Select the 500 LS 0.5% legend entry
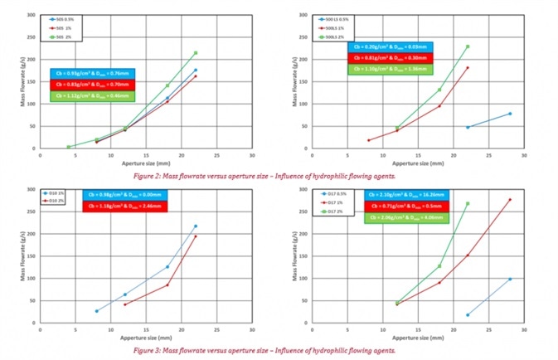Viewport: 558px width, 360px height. pos(339,17)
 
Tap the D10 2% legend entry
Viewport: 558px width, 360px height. pos(60,200)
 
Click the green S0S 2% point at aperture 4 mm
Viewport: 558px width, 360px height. pos(68,147)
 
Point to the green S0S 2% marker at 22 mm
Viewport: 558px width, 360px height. pos(196,53)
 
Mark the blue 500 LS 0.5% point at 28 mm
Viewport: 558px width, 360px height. pos(510,114)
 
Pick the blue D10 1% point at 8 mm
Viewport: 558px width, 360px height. pos(96,311)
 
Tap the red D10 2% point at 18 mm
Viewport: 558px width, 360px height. pos(167,285)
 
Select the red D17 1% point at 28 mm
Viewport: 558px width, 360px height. pos(510,199)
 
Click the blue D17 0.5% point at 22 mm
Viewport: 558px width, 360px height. pos(468,314)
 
